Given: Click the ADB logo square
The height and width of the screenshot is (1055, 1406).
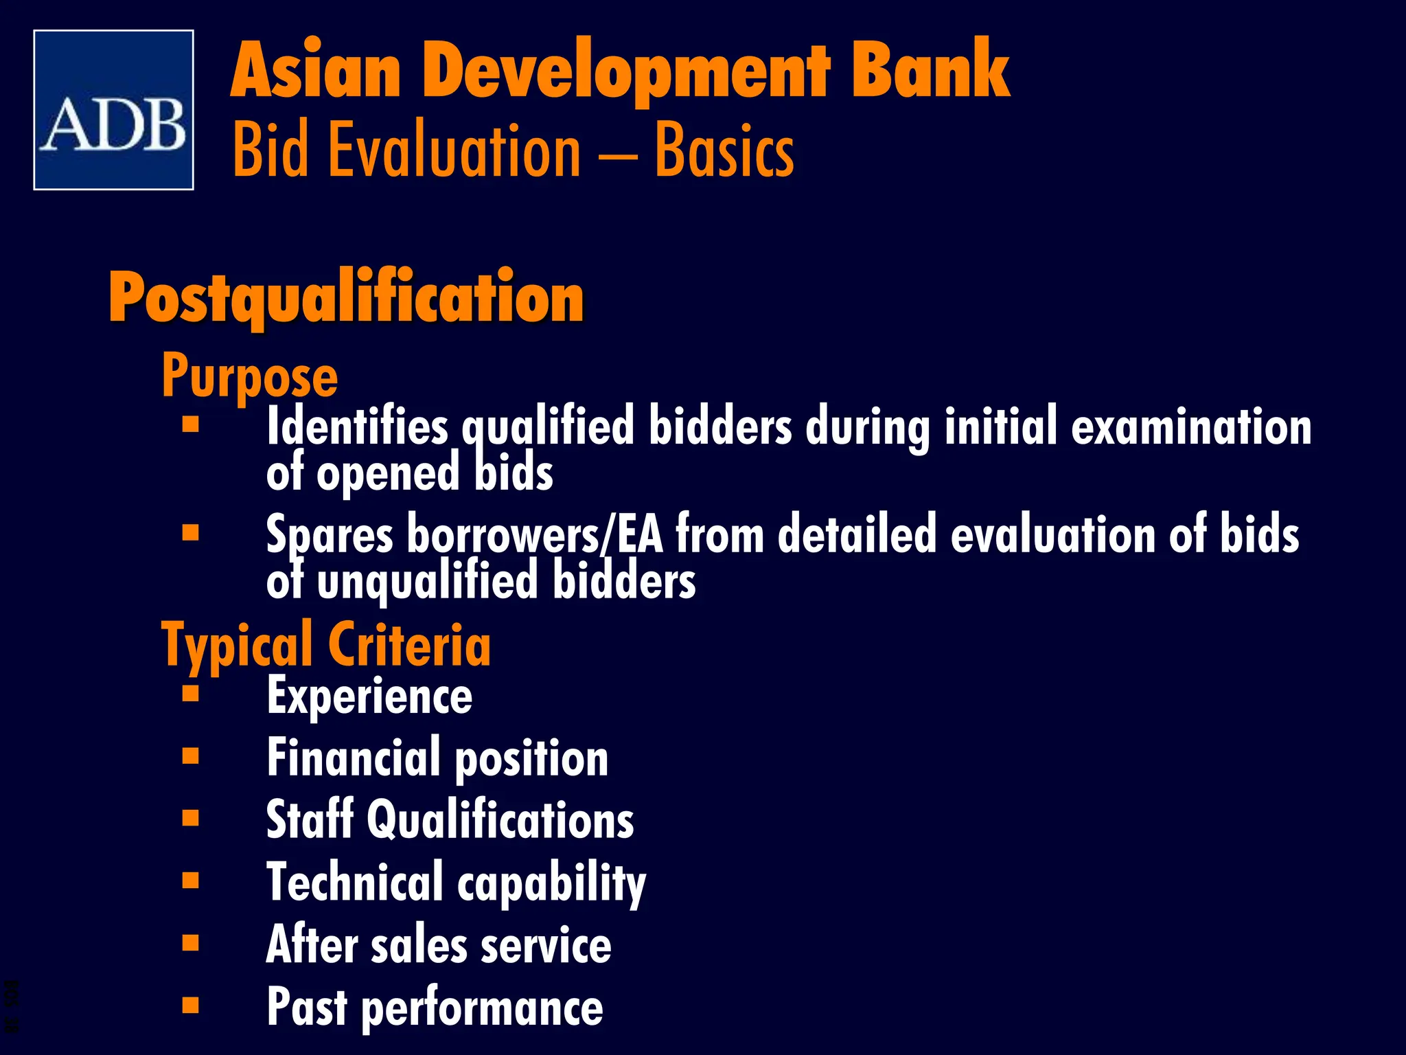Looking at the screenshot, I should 113,110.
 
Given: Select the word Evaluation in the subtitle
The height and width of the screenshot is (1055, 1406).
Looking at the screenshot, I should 454,150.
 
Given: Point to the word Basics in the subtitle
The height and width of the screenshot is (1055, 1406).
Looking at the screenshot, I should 724,150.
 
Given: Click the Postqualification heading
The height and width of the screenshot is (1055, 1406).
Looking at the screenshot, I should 346,297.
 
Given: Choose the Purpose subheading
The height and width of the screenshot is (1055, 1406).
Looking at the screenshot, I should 250,376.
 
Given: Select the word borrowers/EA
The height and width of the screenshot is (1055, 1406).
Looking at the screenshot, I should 535,534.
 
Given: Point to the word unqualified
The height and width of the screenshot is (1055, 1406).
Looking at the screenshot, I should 427,581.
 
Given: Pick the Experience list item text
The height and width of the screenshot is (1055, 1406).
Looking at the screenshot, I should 369,696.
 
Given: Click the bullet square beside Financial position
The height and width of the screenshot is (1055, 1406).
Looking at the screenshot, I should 191,756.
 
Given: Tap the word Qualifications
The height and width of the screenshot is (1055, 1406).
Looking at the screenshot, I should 500,820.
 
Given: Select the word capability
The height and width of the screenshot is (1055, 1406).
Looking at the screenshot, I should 551,883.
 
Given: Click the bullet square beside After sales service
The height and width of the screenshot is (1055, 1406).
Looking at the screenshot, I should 191,942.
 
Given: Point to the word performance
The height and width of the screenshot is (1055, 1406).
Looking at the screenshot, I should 482,1008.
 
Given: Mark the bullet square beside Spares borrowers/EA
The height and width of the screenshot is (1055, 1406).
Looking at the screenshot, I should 191,532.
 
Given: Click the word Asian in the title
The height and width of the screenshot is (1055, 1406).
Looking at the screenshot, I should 316,71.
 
